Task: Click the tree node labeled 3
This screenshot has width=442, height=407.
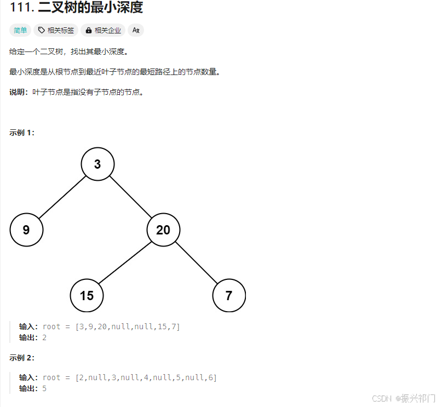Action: (97, 164)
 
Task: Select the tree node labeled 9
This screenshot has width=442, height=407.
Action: (26, 230)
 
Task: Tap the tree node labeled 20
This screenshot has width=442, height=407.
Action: (163, 230)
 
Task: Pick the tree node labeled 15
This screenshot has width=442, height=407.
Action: (87, 295)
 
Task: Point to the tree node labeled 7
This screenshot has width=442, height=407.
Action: (229, 295)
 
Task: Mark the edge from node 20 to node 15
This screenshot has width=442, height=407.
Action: (125, 262)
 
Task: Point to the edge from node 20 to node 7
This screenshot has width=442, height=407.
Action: (196, 262)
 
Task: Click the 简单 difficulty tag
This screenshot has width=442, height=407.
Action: (20, 30)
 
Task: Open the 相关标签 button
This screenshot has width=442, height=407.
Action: (56, 30)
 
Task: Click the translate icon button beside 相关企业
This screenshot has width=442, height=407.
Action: (136, 30)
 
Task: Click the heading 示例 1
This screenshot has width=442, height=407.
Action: (22, 133)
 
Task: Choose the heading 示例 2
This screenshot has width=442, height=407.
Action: (22, 358)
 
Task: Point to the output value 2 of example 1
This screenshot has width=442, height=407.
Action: (44, 337)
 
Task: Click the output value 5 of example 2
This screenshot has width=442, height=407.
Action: (44, 388)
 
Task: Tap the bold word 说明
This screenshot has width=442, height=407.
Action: (18, 92)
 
